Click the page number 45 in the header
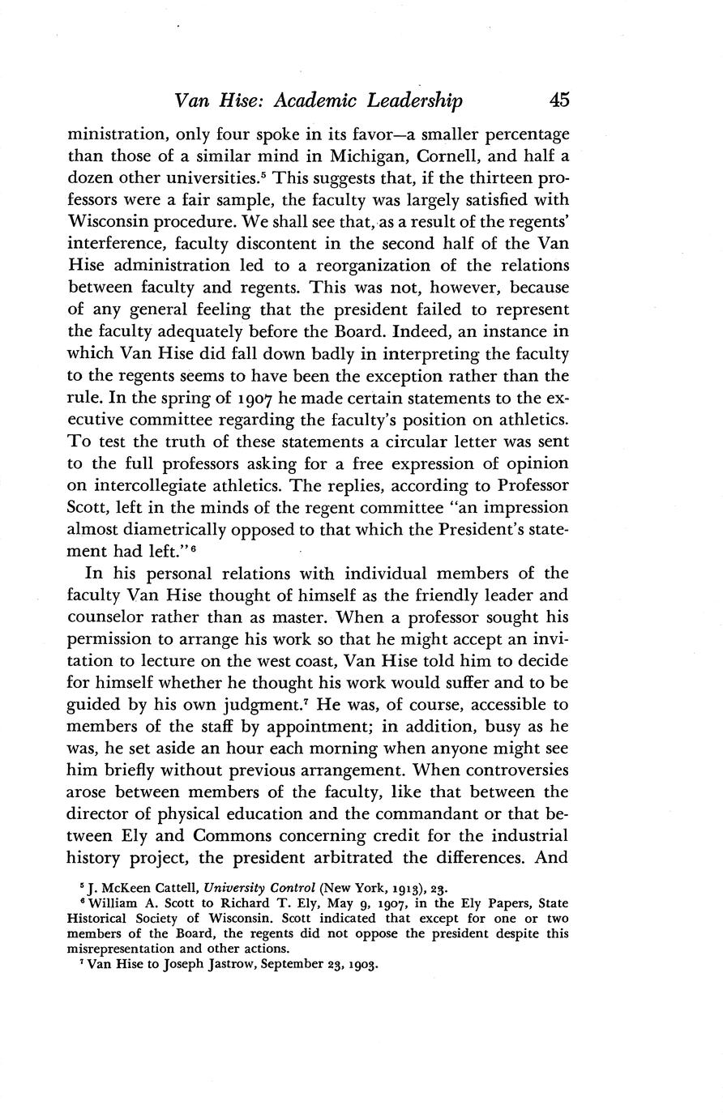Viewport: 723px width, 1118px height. [x=559, y=100]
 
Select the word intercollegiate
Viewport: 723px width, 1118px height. [x=150, y=484]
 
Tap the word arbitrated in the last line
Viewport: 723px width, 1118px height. [x=361, y=857]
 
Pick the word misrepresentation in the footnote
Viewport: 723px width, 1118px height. [x=122, y=949]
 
